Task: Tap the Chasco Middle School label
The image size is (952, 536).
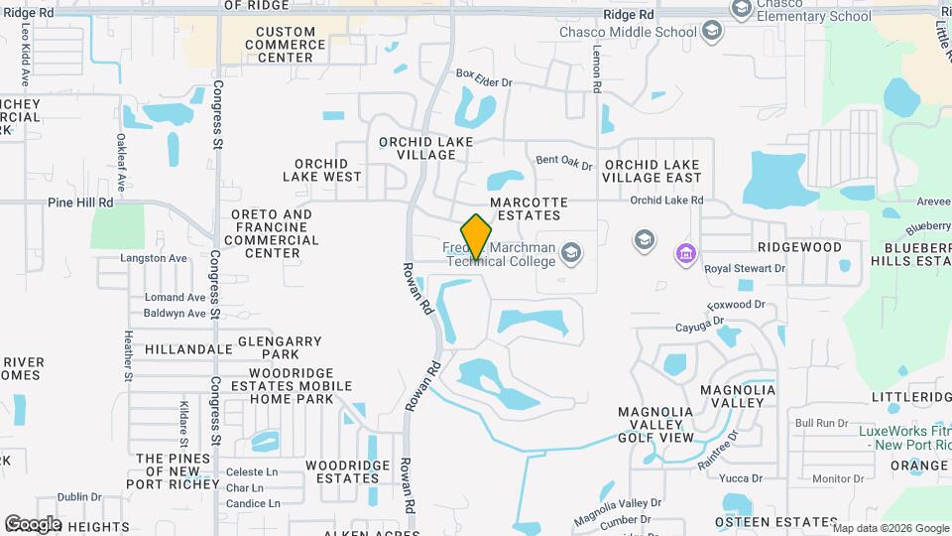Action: tap(650, 32)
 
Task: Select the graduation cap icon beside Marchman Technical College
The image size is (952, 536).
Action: tap(570, 253)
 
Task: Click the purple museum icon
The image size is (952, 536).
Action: tap(685, 254)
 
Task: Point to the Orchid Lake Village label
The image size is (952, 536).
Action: tap(426, 148)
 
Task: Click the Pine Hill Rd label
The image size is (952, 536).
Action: tap(80, 201)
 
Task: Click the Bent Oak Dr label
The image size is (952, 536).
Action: tap(563, 161)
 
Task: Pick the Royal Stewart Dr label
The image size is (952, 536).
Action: tap(744, 268)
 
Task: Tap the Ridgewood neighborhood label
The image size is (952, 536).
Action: tap(799, 246)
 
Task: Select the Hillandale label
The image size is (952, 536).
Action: tap(188, 349)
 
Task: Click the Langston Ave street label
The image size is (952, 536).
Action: tap(154, 258)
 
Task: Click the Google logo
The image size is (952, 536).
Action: tap(32, 523)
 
